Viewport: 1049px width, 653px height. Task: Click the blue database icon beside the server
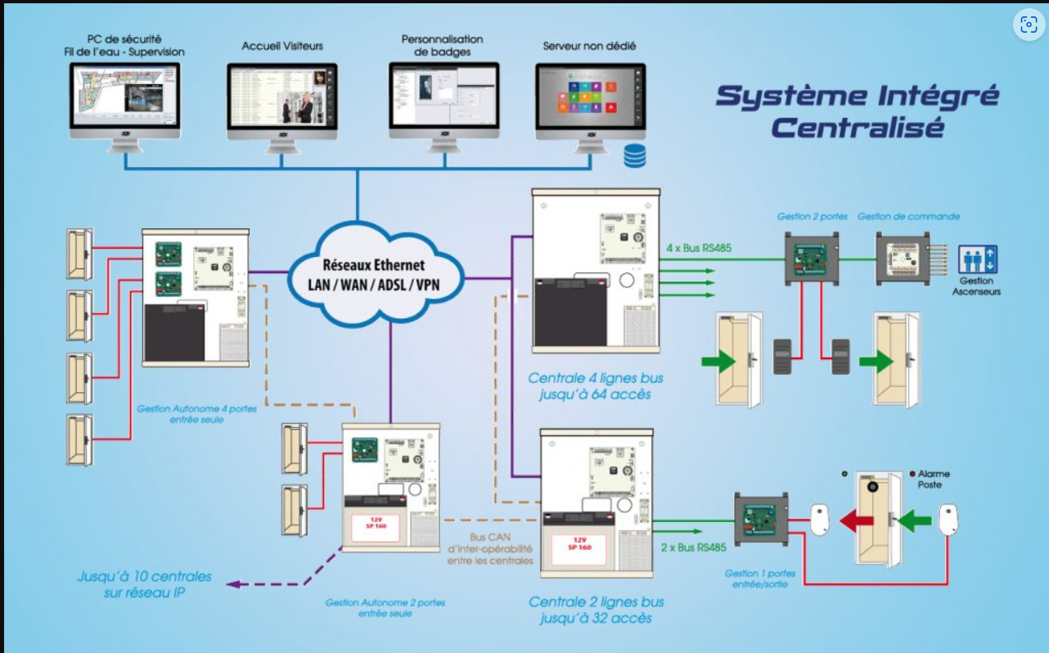click(634, 155)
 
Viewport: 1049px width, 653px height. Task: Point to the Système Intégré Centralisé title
click(857, 110)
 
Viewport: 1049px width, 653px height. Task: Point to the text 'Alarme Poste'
click(934, 480)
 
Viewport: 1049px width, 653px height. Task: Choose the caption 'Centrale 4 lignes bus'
click(595, 379)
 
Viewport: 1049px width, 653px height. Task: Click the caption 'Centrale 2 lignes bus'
click(596, 602)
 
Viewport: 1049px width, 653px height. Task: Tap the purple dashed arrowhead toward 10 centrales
click(232, 583)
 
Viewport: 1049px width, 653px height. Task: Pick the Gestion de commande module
click(902, 259)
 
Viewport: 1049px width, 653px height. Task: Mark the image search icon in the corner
click(1028, 25)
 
